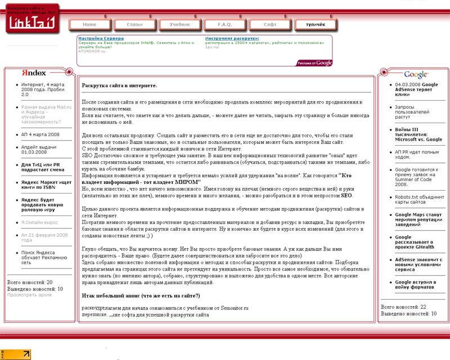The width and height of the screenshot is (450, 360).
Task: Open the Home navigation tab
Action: tap(89, 25)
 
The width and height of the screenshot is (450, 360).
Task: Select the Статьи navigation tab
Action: tap(135, 25)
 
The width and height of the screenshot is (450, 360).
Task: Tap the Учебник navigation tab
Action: tap(180, 25)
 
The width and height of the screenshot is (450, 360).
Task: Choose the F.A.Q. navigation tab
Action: tap(225, 25)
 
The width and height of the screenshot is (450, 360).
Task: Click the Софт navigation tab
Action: tap(270, 25)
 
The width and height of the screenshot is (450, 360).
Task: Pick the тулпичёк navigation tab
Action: tap(315, 25)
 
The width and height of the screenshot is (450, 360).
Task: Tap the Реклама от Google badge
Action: tap(315, 63)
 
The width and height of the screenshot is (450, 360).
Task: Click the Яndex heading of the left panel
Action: tap(34, 73)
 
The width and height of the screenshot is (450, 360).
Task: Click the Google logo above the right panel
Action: tap(416, 74)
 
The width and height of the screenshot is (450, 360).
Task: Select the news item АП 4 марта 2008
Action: tap(40, 134)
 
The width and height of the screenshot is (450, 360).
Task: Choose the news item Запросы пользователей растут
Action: tap(410, 112)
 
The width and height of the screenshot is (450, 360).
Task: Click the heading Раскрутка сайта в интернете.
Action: tap(119, 85)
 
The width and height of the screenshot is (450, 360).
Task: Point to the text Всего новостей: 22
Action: tap(403, 307)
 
